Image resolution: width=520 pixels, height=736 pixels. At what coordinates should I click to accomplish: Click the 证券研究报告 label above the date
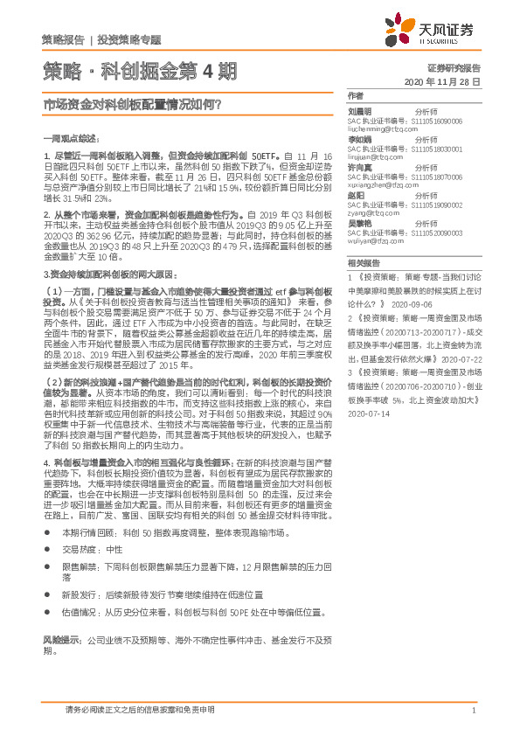point(454,67)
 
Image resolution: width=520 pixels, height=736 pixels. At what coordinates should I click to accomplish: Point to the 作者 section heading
point(354,95)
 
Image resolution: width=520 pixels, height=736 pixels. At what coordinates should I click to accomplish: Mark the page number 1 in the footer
point(473,711)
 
